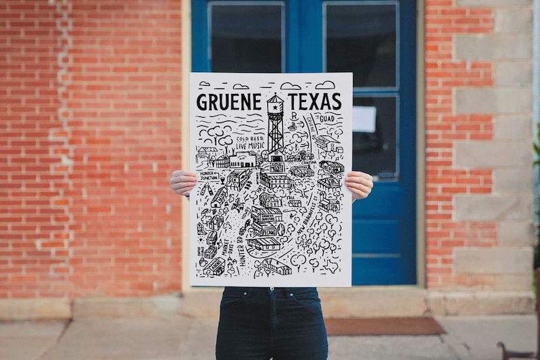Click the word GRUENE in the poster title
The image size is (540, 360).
229,102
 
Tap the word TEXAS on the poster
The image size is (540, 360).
314,102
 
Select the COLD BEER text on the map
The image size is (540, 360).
250,138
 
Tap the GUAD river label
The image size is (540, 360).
326,118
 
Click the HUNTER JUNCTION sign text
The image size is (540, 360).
208,176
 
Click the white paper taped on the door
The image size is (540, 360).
364,118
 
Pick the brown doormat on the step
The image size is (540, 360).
384,326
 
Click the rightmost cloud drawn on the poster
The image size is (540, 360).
325,85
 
